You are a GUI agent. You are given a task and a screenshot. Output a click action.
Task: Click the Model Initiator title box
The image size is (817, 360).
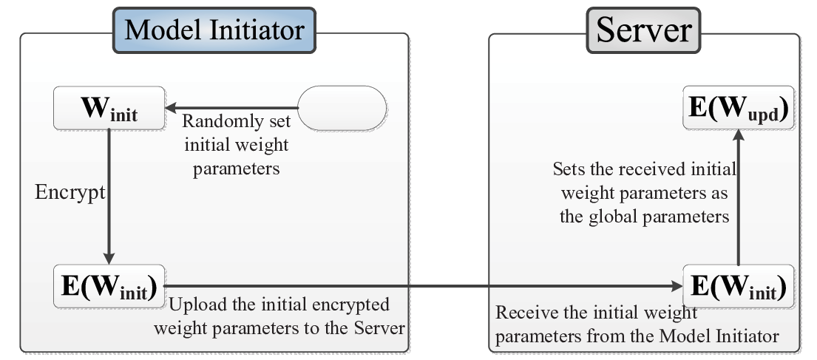pos(214,30)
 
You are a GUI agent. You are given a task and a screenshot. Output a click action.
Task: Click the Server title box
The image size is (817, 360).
pos(643,30)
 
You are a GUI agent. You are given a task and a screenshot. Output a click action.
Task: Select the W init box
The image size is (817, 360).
pos(109,108)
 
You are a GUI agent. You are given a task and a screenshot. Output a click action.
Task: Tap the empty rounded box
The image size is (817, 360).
pos(342,108)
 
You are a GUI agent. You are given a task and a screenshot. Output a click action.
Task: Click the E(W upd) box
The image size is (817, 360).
pos(739,107)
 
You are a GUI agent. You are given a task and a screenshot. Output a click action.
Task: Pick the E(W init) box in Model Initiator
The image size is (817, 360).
pos(109,286)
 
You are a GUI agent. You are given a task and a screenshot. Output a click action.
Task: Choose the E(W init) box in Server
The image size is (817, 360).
pos(739,286)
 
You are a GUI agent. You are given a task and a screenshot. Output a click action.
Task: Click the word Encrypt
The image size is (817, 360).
pos(70,193)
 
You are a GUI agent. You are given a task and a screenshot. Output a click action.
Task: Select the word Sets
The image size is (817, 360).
pos(566,169)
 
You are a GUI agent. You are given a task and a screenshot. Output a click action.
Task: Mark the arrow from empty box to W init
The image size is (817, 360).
pos(232,108)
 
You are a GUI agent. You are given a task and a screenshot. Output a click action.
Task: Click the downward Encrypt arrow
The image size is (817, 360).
pos(109,197)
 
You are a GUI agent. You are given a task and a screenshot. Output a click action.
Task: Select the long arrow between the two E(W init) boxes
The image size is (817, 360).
pos(423,286)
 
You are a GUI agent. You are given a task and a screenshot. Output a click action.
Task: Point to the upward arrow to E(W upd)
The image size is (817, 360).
pos(739,197)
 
